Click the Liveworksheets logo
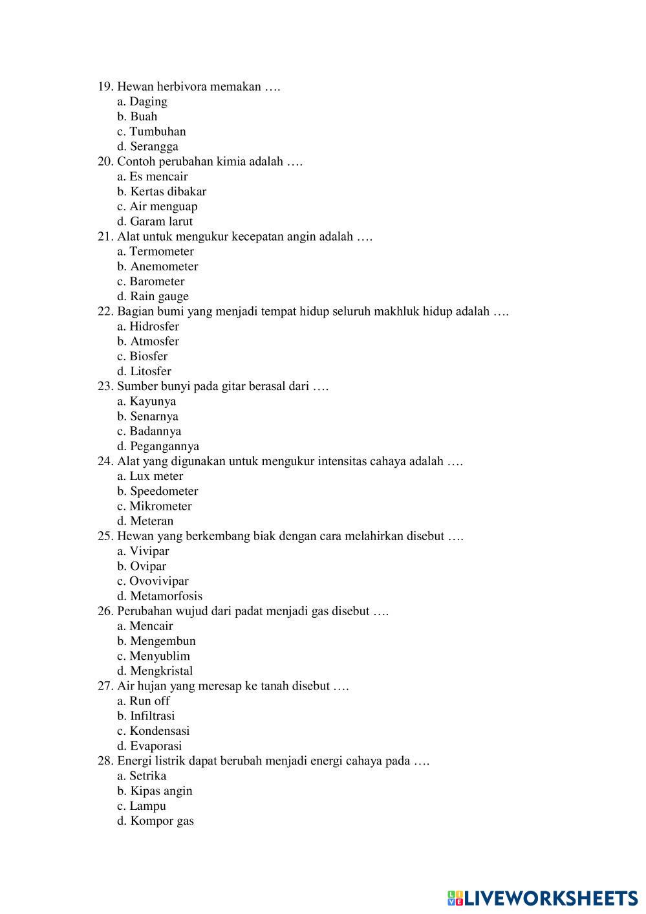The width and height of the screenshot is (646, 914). [x=542, y=897]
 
